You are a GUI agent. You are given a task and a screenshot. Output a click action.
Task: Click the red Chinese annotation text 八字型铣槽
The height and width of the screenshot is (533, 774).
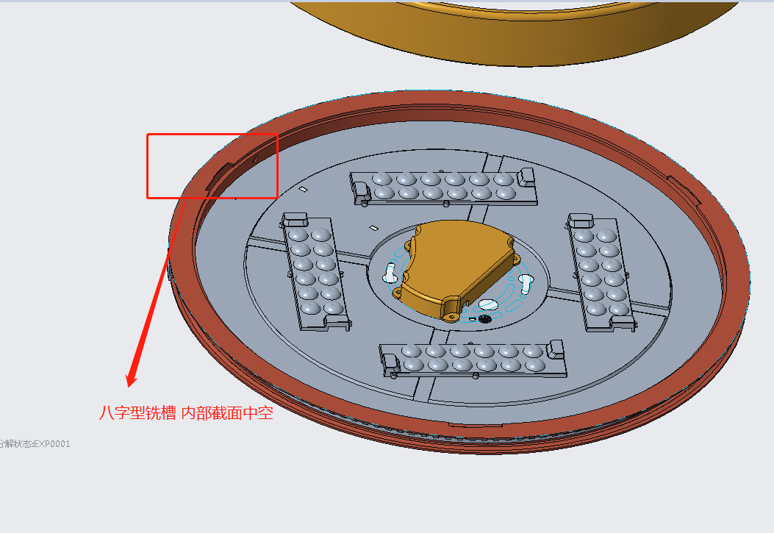point(137,413)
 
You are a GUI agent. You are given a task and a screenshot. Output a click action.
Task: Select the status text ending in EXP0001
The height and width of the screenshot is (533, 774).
point(35,444)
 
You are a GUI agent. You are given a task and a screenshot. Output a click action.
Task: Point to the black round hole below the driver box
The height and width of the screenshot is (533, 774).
point(484,319)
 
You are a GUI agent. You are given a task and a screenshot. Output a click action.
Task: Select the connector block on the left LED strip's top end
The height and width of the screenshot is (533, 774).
point(295,219)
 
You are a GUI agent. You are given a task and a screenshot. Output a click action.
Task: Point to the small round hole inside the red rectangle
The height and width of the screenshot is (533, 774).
point(255,157)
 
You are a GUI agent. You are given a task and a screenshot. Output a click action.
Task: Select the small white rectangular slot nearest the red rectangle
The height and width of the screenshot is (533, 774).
point(302,190)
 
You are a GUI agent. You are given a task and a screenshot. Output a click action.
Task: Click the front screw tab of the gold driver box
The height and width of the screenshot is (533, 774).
point(451,315)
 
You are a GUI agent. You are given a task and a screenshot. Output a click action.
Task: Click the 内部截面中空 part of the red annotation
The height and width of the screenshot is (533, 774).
point(227,413)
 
